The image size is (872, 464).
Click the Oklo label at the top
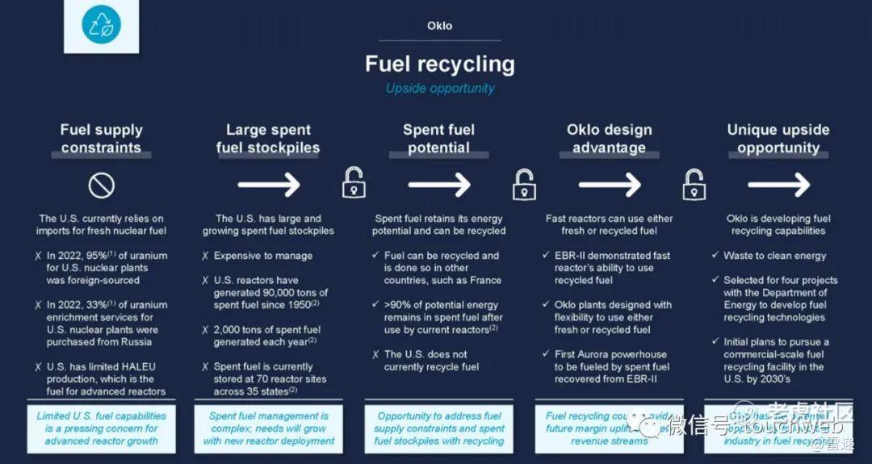point(439,26)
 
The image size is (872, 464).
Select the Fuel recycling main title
point(439,63)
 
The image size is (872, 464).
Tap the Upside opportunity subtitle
point(439,88)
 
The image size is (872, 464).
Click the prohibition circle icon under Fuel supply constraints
point(101,186)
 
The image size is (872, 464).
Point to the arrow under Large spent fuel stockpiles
point(268,185)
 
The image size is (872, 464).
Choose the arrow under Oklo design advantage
point(609,185)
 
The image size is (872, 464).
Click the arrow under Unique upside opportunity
point(778,185)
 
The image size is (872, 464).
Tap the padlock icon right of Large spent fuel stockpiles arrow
point(353,183)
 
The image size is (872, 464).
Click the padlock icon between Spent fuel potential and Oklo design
point(524,184)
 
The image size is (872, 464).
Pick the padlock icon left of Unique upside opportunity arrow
point(694,184)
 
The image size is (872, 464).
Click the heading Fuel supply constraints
point(101,138)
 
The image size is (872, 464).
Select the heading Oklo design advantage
point(609,138)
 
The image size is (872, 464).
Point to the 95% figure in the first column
point(108,256)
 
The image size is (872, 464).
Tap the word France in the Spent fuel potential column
point(484,280)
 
